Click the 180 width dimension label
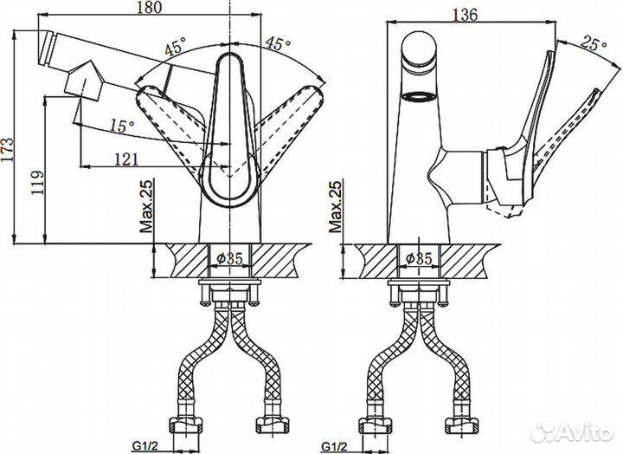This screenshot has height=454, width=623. coord(149,8)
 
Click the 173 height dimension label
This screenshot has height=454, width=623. coord(8,150)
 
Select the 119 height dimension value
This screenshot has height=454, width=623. coord(38,183)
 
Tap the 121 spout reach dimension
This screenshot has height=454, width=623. coord(126,159)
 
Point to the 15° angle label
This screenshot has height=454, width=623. coord(122,126)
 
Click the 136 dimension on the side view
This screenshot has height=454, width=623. coord(465,15)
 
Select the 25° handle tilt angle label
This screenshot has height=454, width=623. coord(594,43)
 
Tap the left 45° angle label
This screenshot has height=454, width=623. coord(176,46)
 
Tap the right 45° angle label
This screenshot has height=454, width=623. coord(278,43)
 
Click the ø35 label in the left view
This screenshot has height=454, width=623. coord(229,259)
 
